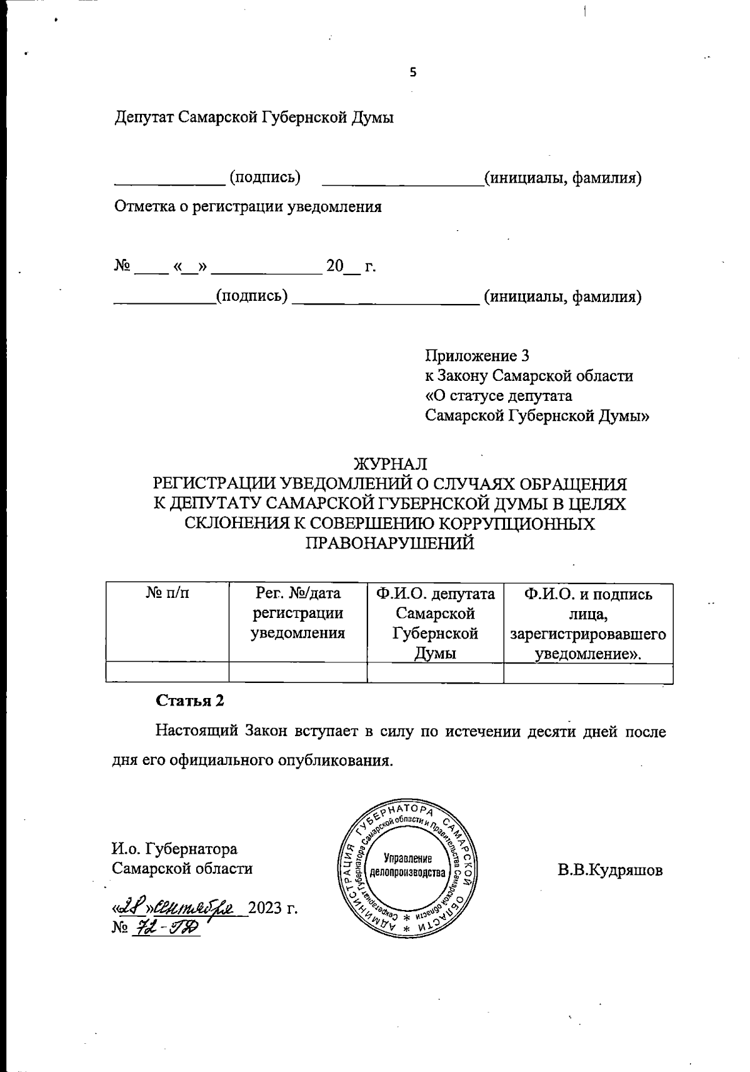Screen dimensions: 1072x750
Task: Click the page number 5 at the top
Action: [x=412, y=73]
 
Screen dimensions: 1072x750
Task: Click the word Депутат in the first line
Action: [x=142, y=117]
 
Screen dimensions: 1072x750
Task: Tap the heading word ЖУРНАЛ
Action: [x=390, y=464]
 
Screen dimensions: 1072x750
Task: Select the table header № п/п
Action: [x=167, y=594]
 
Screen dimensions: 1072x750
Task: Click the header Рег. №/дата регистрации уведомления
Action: [x=298, y=613]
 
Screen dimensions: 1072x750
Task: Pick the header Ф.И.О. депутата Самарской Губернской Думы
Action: [x=435, y=623]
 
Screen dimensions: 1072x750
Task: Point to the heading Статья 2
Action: [x=189, y=700]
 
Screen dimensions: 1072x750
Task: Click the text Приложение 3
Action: [x=477, y=356]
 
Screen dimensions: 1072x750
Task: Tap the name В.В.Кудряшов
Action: [x=610, y=871]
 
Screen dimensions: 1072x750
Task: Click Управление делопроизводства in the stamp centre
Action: [x=407, y=865]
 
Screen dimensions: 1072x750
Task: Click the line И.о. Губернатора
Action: [x=174, y=849]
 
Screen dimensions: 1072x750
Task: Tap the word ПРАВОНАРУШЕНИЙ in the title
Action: [x=389, y=544]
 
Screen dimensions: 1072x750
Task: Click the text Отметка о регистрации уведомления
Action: [x=247, y=207]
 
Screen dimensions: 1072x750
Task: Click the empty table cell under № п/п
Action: [x=167, y=673]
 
